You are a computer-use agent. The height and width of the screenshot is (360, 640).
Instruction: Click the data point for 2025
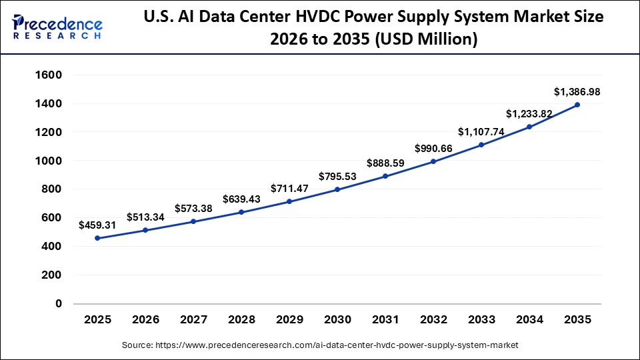[97, 238]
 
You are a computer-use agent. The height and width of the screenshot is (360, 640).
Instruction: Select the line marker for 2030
[337, 189]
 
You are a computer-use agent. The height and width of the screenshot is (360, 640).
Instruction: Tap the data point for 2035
[577, 105]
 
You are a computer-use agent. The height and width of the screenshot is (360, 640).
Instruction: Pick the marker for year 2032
[433, 161]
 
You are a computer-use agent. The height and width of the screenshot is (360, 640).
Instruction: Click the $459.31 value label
[97, 225]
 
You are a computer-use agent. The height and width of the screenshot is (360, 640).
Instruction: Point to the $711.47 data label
[289, 189]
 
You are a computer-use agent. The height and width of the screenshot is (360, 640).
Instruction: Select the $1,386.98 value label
[577, 92]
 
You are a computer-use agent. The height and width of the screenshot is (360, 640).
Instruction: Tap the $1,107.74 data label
[481, 131]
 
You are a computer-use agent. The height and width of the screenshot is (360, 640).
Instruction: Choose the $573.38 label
[193, 209]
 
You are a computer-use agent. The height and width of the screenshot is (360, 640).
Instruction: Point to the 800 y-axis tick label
[51, 189]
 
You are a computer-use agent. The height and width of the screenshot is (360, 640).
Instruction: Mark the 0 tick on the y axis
[59, 303]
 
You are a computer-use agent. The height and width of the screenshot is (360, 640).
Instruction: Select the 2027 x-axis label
[193, 320]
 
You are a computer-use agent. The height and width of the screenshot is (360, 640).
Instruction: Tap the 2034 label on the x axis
[529, 320]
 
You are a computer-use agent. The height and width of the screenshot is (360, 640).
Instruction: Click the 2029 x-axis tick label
[289, 320]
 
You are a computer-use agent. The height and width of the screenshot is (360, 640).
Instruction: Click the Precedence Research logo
[57, 27]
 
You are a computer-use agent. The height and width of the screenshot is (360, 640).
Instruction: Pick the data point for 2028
[241, 212]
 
